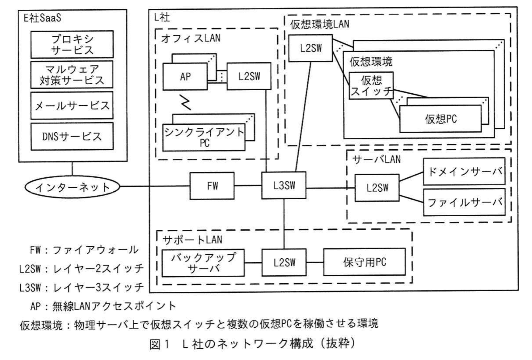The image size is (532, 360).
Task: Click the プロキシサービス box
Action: [72, 44]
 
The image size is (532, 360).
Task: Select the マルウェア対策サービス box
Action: [72, 75]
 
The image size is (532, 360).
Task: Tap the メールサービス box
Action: [72, 105]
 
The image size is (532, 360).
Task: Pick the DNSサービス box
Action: [72, 136]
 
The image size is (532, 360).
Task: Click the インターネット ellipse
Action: [72, 187]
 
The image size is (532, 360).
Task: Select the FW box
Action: [212, 186]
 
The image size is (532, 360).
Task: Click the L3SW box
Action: [284, 185]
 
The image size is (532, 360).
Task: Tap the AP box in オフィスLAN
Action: [185, 77]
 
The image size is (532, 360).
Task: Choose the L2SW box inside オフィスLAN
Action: [249, 76]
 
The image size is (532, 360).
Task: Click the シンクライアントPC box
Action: [204, 137]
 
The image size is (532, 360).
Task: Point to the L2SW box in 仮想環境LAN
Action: [311, 48]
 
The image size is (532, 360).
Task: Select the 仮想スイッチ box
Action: [371, 85]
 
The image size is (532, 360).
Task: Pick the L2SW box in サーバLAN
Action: [377, 188]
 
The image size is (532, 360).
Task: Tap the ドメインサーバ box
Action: [464, 171]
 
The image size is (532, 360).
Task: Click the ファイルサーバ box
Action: [464, 202]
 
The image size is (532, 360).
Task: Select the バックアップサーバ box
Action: [203, 263]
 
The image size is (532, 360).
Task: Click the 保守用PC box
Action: [365, 262]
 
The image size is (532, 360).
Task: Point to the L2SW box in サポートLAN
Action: [284, 262]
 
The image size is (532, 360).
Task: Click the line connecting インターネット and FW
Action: [155, 187]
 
